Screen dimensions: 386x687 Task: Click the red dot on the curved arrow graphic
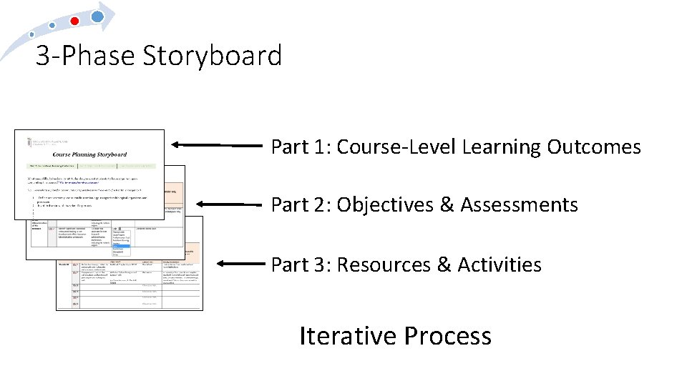[74, 21]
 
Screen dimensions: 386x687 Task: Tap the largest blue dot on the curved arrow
[98, 15]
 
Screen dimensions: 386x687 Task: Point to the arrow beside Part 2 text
[229, 204]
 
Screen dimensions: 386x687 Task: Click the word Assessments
[519, 205]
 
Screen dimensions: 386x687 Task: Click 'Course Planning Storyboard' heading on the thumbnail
[89, 154]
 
